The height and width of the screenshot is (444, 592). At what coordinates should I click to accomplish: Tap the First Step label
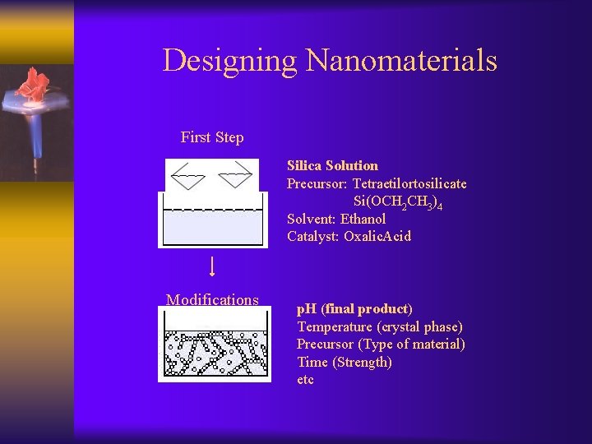point(212,137)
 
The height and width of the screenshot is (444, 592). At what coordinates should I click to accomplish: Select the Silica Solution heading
point(332,166)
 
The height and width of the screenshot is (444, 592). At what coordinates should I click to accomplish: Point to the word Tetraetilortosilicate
point(409,183)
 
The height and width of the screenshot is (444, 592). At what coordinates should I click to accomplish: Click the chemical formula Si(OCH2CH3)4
point(398,202)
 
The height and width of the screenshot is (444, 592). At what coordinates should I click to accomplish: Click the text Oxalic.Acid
point(377,237)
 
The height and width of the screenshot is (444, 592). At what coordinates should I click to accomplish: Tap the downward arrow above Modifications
point(212,266)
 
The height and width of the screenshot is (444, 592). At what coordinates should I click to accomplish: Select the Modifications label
point(212,300)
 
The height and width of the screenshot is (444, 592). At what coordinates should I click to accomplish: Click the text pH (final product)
point(354,309)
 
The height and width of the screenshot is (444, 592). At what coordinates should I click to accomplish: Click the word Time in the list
point(312,362)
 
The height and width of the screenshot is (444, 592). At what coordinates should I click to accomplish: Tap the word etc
point(305,380)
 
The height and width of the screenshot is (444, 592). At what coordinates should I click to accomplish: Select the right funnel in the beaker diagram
point(234,173)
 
